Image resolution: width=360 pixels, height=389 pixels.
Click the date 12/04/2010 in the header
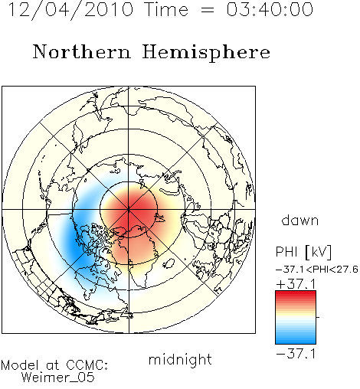point(70,10)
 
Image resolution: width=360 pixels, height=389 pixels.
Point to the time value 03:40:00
point(270,10)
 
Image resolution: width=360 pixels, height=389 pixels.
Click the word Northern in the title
point(82,52)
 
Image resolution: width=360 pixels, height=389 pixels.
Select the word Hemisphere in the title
point(206,53)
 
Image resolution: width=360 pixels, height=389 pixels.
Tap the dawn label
point(300,220)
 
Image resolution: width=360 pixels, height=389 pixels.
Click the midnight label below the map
point(180,359)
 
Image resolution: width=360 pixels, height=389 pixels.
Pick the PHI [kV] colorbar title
point(303,252)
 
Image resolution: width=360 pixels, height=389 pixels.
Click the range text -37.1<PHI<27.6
point(317,270)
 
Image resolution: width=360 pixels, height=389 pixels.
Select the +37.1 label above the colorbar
point(296,284)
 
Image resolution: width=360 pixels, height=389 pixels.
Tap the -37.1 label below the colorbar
point(296,354)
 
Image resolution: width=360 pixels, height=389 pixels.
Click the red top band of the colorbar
point(296,294)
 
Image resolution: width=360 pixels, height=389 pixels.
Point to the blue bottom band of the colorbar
point(296,341)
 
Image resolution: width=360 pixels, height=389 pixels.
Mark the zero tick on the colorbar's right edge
point(318,317)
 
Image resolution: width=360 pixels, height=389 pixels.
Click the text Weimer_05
point(58,378)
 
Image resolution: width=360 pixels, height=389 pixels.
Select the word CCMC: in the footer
point(87,365)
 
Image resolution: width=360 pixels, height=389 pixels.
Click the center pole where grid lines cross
point(129,210)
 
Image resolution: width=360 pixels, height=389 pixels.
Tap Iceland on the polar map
point(169,263)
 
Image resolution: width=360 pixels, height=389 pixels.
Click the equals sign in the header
point(208,10)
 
